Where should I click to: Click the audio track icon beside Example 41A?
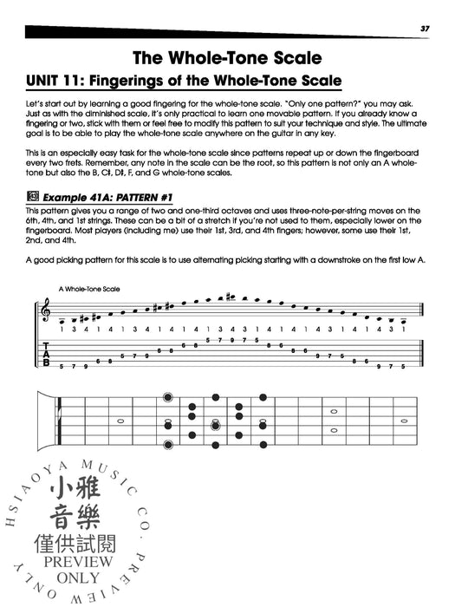(32, 199)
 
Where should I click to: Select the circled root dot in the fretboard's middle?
(214, 425)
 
